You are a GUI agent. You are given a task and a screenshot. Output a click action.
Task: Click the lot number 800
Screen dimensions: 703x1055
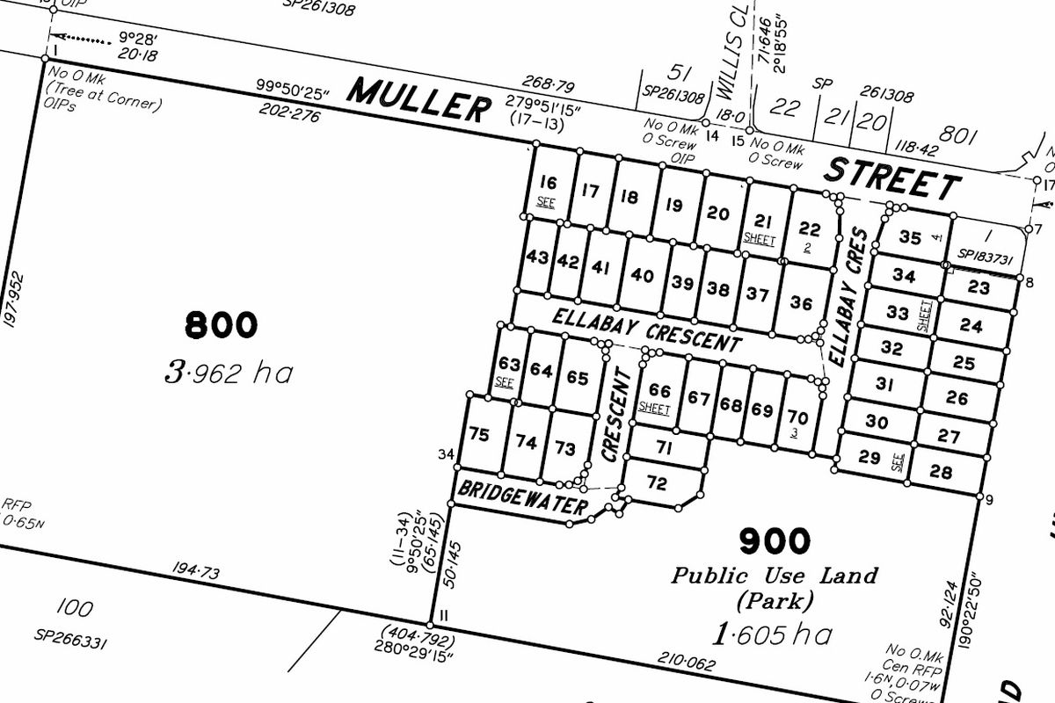(x=222, y=325)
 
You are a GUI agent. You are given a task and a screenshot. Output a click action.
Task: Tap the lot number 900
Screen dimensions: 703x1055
(x=774, y=541)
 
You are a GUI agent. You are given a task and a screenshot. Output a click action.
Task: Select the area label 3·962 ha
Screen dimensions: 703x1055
(x=229, y=373)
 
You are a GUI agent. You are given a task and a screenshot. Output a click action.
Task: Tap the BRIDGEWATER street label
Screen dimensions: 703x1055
(x=522, y=498)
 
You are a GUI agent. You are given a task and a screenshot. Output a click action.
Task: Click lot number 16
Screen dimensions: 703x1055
(x=548, y=183)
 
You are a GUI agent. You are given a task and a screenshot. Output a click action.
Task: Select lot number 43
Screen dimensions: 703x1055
(x=535, y=257)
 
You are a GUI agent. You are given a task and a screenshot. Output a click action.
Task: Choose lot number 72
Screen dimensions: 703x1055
(x=657, y=483)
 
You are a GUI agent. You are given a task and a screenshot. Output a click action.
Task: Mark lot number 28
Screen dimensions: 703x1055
(x=941, y=473)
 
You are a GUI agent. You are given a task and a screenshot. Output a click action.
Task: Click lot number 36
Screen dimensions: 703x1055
(x=801, y=303)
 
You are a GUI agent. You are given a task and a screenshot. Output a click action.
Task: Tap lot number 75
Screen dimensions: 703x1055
(x=479, y=434)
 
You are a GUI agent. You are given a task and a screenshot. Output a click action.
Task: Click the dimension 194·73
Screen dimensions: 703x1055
(x=198, y=573)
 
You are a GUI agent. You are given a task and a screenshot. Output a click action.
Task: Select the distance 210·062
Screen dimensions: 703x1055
(x=686, y=658)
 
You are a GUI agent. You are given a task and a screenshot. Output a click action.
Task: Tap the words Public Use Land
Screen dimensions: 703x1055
(x=775, y=576)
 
